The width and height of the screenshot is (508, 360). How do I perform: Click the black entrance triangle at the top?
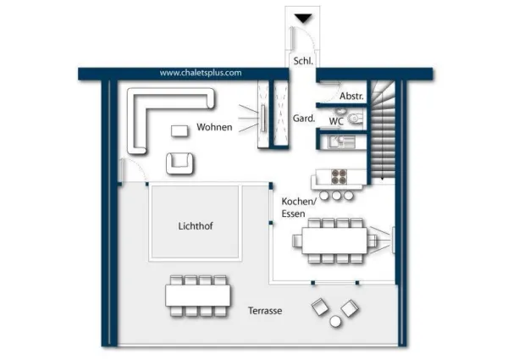tap(301, 18)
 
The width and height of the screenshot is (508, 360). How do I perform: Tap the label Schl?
tap(302, 61)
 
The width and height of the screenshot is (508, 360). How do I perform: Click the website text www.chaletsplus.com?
tap(201, 73)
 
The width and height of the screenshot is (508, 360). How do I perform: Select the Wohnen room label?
tap(214, 127)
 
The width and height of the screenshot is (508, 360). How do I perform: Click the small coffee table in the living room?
tap(180, 130)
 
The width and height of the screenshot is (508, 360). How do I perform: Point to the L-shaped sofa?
tap(148, 114)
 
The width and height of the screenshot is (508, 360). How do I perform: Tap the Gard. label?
tap(303, 119)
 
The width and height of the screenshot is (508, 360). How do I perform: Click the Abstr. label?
tap(351, 97)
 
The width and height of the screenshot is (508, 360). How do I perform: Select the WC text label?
tap(336, 121)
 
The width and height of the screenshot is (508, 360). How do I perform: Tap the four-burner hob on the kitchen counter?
tap(338, 177)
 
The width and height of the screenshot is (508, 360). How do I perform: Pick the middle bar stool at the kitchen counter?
tap(335, 196)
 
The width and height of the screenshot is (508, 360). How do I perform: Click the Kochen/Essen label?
tap(298, 208)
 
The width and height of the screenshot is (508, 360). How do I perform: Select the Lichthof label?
tap(196, 226)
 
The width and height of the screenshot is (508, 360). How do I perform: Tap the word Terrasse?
tap(264, 311)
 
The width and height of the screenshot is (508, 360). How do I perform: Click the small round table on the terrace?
tap(334, 320)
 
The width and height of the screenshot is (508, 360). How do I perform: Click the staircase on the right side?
tap(384, 127)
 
